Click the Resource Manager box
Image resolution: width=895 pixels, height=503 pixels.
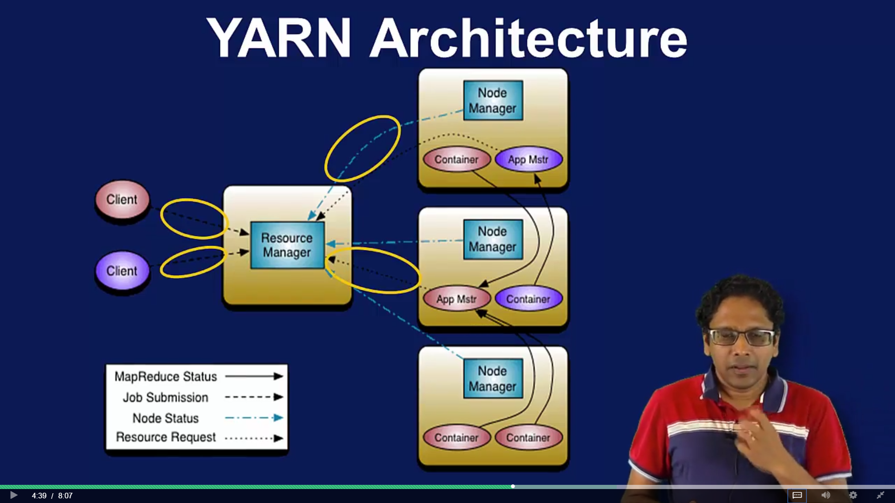(287, 245)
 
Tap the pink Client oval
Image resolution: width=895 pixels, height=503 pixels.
(122, 199)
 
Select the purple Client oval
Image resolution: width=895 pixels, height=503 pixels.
(122, 271)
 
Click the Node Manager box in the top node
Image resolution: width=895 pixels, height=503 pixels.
(493, 101)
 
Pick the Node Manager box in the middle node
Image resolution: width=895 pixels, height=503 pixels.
(493, 239)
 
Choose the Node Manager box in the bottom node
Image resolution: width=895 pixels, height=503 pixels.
(493, 378)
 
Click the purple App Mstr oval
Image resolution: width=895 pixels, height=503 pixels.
(528, 159)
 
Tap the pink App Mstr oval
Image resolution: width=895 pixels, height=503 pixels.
(456, 299)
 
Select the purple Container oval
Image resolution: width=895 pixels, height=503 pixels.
(528, 299)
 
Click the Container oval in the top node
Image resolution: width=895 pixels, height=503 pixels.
(456, 159)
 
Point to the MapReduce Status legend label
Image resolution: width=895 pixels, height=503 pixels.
(165, 376)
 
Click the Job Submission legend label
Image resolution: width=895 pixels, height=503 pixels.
(165, 397)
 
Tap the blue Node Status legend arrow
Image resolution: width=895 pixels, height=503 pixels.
(254, 418)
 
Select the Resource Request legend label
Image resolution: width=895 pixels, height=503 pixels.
(165, 437)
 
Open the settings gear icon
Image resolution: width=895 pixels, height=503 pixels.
(853, 495)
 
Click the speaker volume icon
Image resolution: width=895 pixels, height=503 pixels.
(826, 495)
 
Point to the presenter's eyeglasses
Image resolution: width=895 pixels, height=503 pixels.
(741, 336)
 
